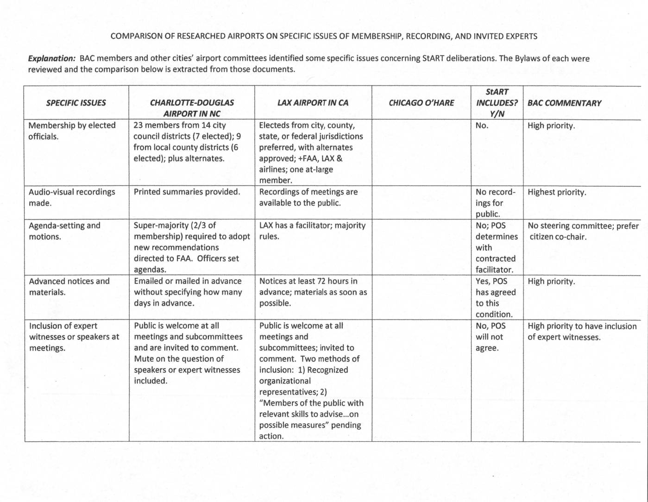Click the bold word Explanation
coord(51,59)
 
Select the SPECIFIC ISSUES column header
coord(76,103)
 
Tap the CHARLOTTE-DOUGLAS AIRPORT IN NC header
coord(192,108)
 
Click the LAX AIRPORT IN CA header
coord(313,103)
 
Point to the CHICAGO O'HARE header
coord(422,103)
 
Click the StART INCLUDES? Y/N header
coord(497,103)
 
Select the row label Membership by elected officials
coord(72,131)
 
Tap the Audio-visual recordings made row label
coord(72,197)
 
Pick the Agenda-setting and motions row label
coord(64,231)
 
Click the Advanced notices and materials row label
coord(69,287)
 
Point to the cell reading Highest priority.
coord(557,192)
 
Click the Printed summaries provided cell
coord(187,192)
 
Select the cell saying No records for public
coord(495,203)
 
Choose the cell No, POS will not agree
coord(491,337)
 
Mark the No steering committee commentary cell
coord(583,231)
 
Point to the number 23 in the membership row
coord(138,125)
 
